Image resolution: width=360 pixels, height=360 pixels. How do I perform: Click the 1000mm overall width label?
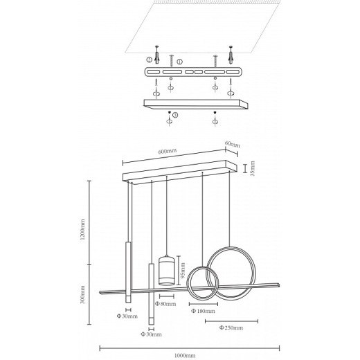click(185, 356)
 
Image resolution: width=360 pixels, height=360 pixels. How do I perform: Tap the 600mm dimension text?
click(168, 151)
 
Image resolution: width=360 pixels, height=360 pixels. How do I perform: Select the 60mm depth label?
click(233, 144)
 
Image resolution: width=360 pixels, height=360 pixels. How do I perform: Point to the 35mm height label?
click(253, 168)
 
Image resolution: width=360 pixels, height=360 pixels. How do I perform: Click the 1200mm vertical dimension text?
click(82, 229)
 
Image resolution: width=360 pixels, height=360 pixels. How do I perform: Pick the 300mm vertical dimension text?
click(82, 294)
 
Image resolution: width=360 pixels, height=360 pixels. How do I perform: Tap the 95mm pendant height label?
click(183, 271)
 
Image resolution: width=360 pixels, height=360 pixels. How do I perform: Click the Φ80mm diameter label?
click(165, 304)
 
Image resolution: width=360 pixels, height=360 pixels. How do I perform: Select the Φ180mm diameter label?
click(204, 311)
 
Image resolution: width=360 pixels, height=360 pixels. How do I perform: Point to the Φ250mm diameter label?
click(231, 327)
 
